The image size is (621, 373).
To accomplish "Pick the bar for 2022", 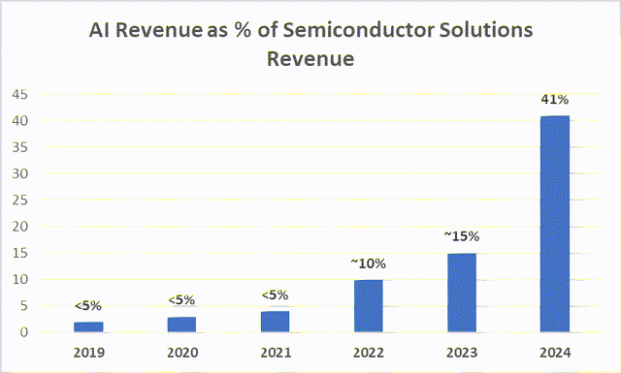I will (368, 306).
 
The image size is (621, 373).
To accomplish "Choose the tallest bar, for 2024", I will (555, 224).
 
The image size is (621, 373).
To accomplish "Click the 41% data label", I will (555, 99).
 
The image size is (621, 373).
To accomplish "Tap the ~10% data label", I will (368, 263).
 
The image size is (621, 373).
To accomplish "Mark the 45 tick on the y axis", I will (19, 94).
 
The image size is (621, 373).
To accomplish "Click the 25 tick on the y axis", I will (19, 200).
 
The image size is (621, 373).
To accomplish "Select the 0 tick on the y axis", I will (24, 332).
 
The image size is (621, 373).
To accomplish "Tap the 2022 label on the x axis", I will (368, 352).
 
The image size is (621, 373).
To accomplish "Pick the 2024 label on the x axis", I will (555, 352).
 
